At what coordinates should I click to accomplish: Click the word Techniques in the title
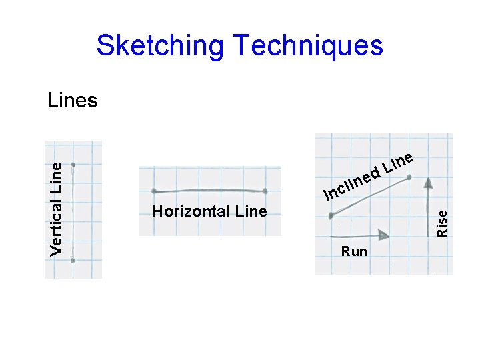point(307,46)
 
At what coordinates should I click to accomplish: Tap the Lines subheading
point(73,101)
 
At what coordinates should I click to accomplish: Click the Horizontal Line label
point(209,212)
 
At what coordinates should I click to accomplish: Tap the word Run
point(353,251)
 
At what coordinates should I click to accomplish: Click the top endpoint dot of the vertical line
point(73,164)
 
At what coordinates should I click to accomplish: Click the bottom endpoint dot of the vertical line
point(73,261)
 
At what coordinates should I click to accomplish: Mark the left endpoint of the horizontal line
point(154,191)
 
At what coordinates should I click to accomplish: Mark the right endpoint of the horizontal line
point(265,191)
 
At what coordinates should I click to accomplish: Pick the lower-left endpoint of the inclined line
point(331,215)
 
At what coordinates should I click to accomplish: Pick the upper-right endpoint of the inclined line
point(409,177)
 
